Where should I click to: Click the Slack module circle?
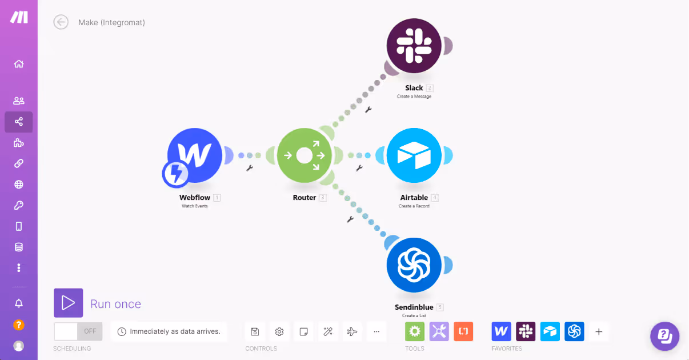[x=414, y=45]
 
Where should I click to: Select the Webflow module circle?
[x=195, y=155]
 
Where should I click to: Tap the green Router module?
[x=305, y=155]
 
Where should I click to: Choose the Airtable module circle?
[x=414, y=155]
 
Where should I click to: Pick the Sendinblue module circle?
[x=414, y=265]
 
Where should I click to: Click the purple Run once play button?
[x=69, y=303]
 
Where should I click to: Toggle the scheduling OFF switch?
[x=78, y=331]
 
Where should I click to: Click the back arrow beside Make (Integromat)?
[x=61, y=22]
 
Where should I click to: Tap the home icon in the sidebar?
[x=19, y=64]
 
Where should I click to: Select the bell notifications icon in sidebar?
[x=19, y=303]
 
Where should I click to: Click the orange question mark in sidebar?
[x=19, y=325]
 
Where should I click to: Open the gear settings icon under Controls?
[x=279, y=331]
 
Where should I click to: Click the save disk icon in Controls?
[x=255, y=331]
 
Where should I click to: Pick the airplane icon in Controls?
[x=352, y=331]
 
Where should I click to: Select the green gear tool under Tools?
[x=415, y=331]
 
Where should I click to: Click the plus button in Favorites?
[x=599, y=331]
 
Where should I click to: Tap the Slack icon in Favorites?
[x=526, y=331]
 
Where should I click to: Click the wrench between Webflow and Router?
[x=249, y=169]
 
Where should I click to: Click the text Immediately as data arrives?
[x=175, y=331]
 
